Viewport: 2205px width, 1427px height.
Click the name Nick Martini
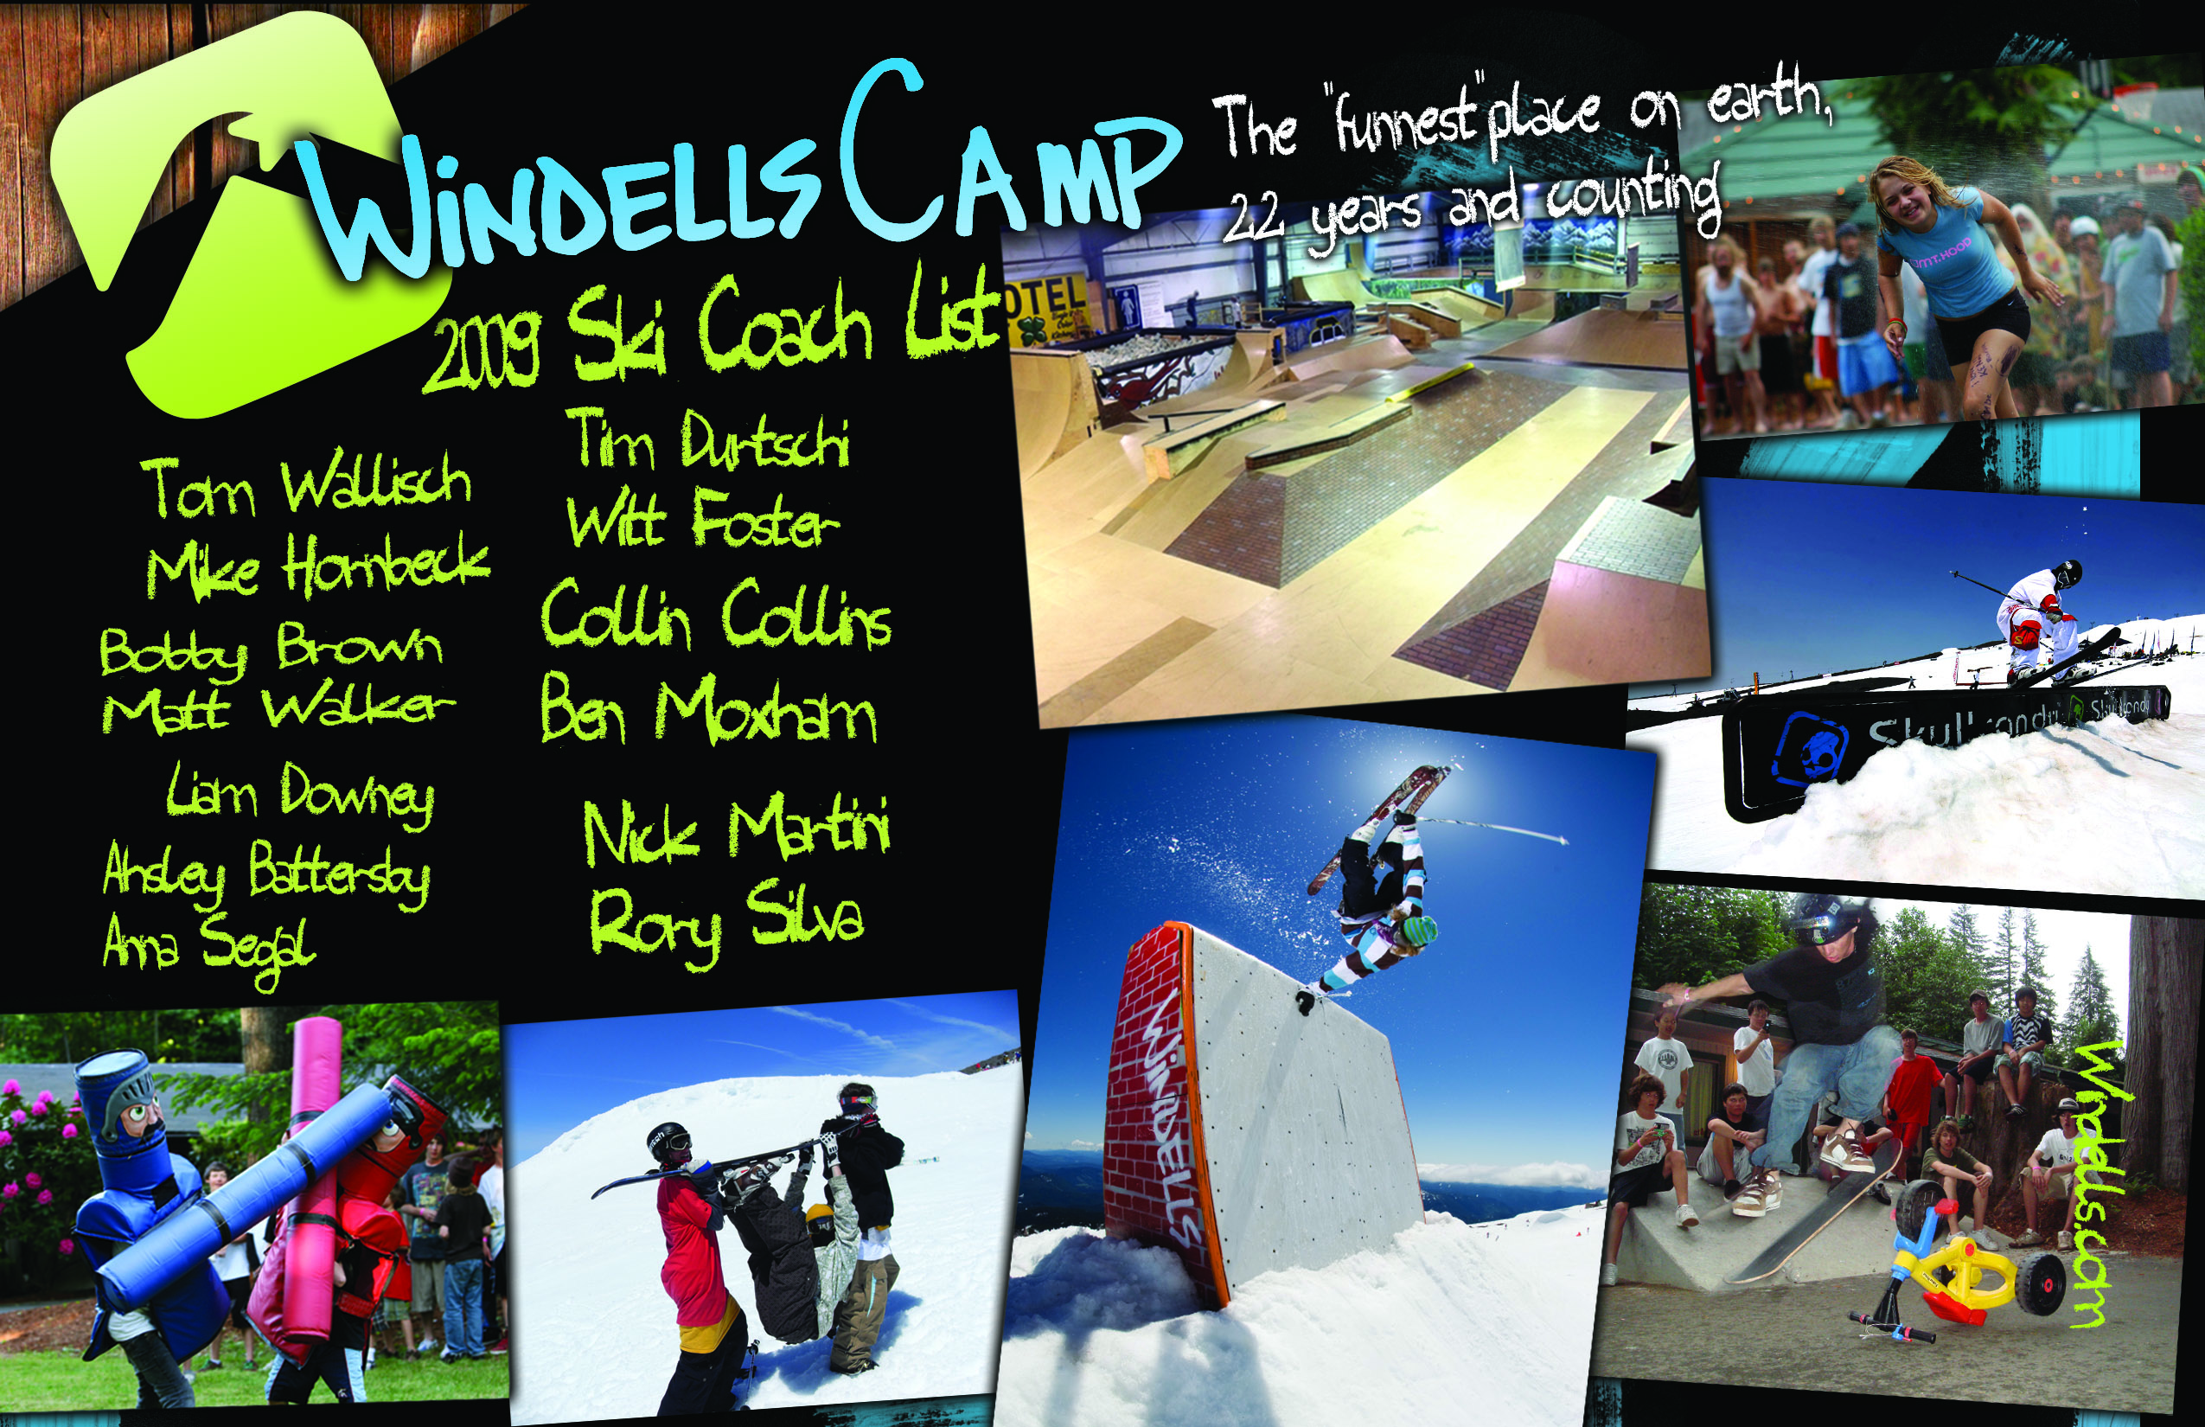[737, 830]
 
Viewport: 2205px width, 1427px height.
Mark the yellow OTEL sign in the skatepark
[1047, 301]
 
